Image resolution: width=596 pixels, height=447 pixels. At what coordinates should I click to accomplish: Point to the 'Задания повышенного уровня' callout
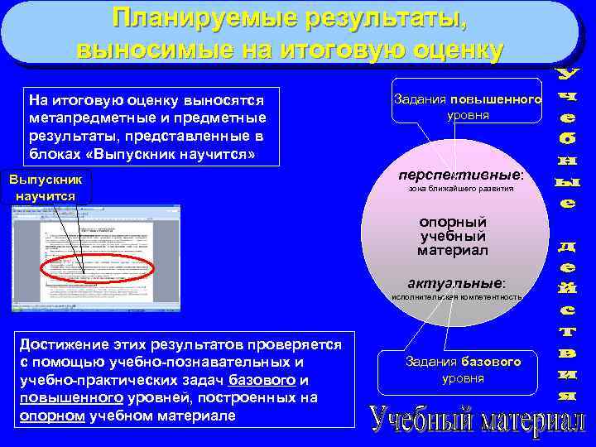coord(468,107)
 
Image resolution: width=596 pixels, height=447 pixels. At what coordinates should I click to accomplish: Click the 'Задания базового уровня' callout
coord(463,370)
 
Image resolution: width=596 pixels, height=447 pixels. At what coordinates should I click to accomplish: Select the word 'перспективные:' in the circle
coord(460,175)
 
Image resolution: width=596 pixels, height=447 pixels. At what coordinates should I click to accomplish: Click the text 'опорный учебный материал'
coord(453,236)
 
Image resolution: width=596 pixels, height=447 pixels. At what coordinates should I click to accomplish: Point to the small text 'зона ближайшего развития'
coord(461,189)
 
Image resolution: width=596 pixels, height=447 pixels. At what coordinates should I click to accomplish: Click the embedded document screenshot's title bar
coord(95,210)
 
